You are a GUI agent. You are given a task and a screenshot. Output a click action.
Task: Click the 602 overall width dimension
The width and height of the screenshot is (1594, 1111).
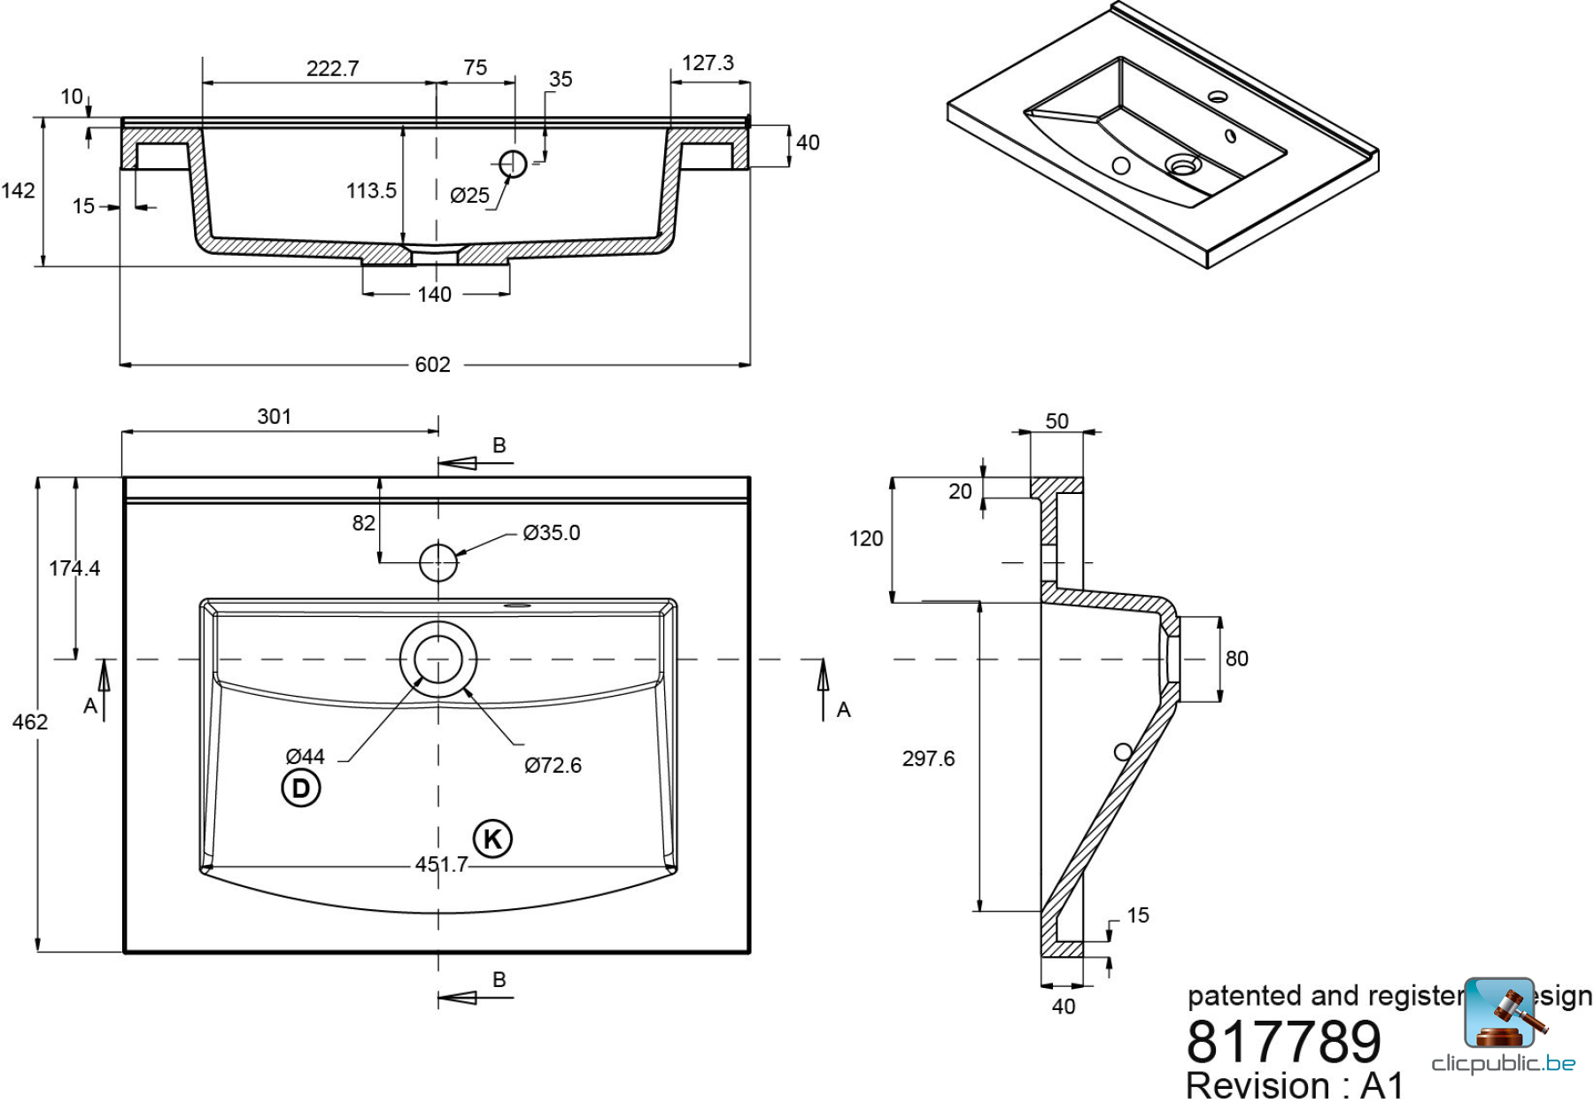pyautogui.click(x=432, y=365)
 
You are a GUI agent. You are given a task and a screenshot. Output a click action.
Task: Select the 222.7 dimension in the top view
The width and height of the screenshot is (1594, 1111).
pyautogui.click(x=332, y=68)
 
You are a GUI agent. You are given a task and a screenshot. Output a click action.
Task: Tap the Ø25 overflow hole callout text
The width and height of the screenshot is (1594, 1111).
pyautogui.click(x=469, y=196)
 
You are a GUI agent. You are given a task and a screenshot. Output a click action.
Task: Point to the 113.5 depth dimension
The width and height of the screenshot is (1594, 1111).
pyautogui.click(x=371, y=190)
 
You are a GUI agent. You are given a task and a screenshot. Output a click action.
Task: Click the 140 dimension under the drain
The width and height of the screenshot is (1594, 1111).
pyautogui.click(x=434, y=294)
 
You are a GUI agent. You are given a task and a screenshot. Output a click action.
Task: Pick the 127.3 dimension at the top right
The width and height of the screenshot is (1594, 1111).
pyautogui.click(x=708, y=63)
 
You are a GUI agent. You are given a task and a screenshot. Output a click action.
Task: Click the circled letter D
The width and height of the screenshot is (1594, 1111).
pyautogui.click(x=301, y=788)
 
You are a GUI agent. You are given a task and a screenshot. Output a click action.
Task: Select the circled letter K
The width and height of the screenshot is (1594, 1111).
pyautogui.click(x=492, y=838)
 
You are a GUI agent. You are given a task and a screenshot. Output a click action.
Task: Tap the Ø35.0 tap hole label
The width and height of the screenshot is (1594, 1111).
pyautogui.click(x=551, y=532)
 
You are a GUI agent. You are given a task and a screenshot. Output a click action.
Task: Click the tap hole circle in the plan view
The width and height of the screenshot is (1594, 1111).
pyautogui.click(x=437, y=561)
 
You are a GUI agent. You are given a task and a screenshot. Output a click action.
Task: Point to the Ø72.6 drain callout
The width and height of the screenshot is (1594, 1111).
pyautogui.click(x=553, y=765)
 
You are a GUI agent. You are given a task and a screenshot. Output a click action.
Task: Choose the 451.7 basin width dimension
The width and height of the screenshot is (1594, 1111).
pyautogui.click(x=441, y=864)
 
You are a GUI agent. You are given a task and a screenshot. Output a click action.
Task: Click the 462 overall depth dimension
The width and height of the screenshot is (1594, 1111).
pyautogui.click(x=29, y=721)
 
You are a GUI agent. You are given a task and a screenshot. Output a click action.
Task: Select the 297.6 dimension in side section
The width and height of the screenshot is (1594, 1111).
pyautogui.click(x=928, y=759)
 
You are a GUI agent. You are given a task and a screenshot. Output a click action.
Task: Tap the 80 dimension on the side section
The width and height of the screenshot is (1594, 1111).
pyautogui.click(x=1236, y=659)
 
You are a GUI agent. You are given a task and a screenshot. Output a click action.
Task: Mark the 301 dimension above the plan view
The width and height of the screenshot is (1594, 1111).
pyautogui.click(x=274, y=416)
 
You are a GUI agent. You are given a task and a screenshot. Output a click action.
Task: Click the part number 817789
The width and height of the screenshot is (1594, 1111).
pyautogui.click(x=1283, y=1042)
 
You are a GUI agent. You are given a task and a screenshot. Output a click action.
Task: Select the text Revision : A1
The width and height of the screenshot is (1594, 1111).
pyautogui.click(x=1294, y=1086)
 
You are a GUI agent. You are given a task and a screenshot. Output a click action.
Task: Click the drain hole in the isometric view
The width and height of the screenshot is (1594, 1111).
pyautogui.click(x=1183, y=165)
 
